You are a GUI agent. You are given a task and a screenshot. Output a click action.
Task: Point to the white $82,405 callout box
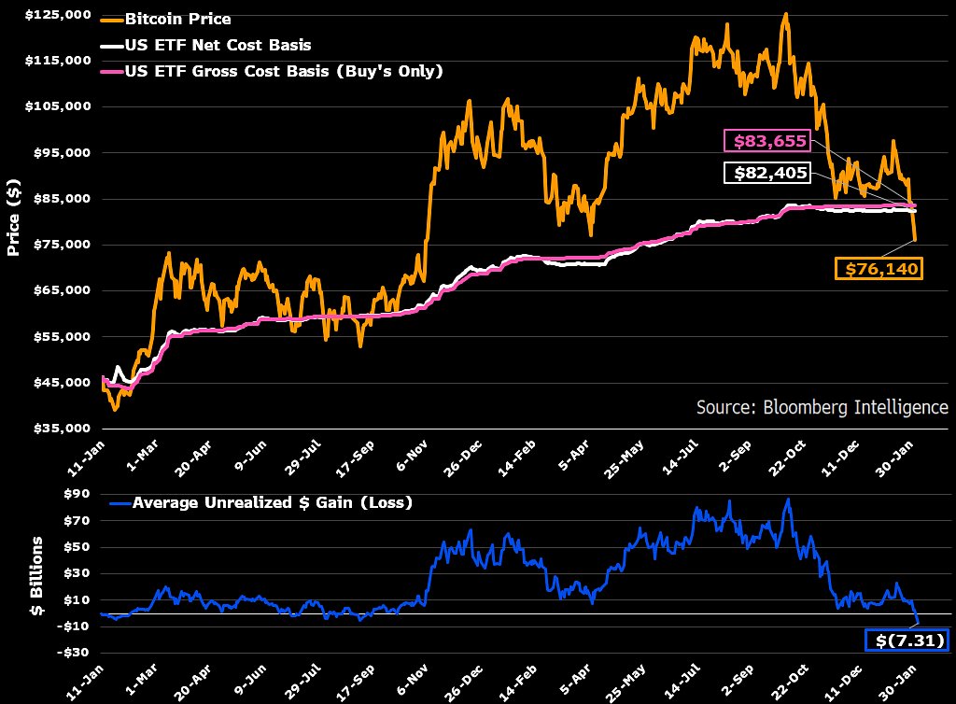tap(765, 174)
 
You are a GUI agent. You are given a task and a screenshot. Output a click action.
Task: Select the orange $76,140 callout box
tap(878, 269)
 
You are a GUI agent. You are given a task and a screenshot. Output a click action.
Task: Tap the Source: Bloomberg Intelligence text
tap(822, 407)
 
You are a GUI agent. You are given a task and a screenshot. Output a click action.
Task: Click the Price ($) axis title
tap(14, 217)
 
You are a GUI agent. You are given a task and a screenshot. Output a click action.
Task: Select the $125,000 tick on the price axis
tap(59, 15)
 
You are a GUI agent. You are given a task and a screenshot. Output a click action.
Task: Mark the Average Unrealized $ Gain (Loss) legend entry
tap(272, 502)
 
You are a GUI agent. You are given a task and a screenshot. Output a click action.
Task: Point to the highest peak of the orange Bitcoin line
tap(785, 14)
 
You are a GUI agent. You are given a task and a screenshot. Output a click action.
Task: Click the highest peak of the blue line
tap(789, 499)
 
